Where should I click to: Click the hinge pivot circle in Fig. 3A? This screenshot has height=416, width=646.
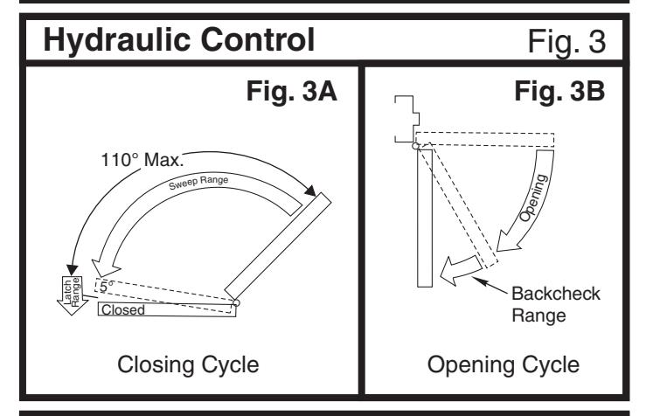click(235, 303)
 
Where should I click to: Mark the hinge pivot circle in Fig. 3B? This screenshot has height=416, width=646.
click(415, 145)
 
